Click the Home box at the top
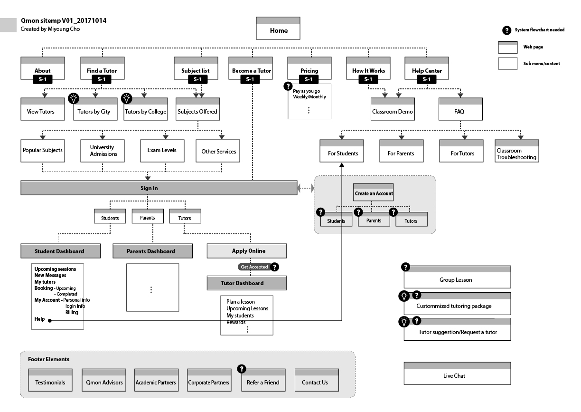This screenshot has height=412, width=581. pyautogui.click(x=278, y=29)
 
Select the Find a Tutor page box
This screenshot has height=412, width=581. pyautogui.click(x=102, y=68)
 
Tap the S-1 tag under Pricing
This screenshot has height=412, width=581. pyautogui.click(x=309, y=79)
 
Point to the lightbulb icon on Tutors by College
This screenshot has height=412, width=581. pyautogui.click(x=126, y=98)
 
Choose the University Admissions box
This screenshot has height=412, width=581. pyautogui.click(x=103, y=151)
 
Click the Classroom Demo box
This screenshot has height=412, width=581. pyautogui.click(x=393, y=110)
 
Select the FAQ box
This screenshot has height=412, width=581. pyautogui.click(x=460, y=110)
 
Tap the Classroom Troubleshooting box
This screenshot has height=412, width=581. pyautogui.click(x=516, y=151)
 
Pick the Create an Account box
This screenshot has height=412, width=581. pyautogui.click(x=374, y=192)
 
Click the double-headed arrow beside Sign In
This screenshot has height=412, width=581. pyautogui.click(x=306, y=188)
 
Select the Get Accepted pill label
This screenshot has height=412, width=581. pyautogui.click(x=254, y=267)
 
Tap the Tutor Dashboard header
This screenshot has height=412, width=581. pyautogui.click(x=246, y=283)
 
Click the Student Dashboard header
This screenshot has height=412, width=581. pyautogui.click(x=60, y=251)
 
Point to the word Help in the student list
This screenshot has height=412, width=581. pyautogui.click(x=39, y=319)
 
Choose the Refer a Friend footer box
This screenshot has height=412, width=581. pyautogui.click(x=263, y=380)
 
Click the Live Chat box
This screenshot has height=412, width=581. pyautogui.click(x=457, y=374)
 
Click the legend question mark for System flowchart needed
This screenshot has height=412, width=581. pyautogui.click(x=506, y=30)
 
